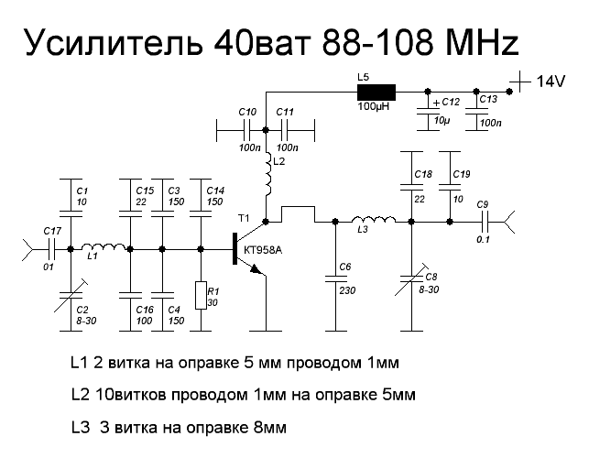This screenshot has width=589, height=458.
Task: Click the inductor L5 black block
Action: [376, 91]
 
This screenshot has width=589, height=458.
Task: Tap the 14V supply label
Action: [553, 82]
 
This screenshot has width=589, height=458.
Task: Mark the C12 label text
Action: [451, 102]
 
